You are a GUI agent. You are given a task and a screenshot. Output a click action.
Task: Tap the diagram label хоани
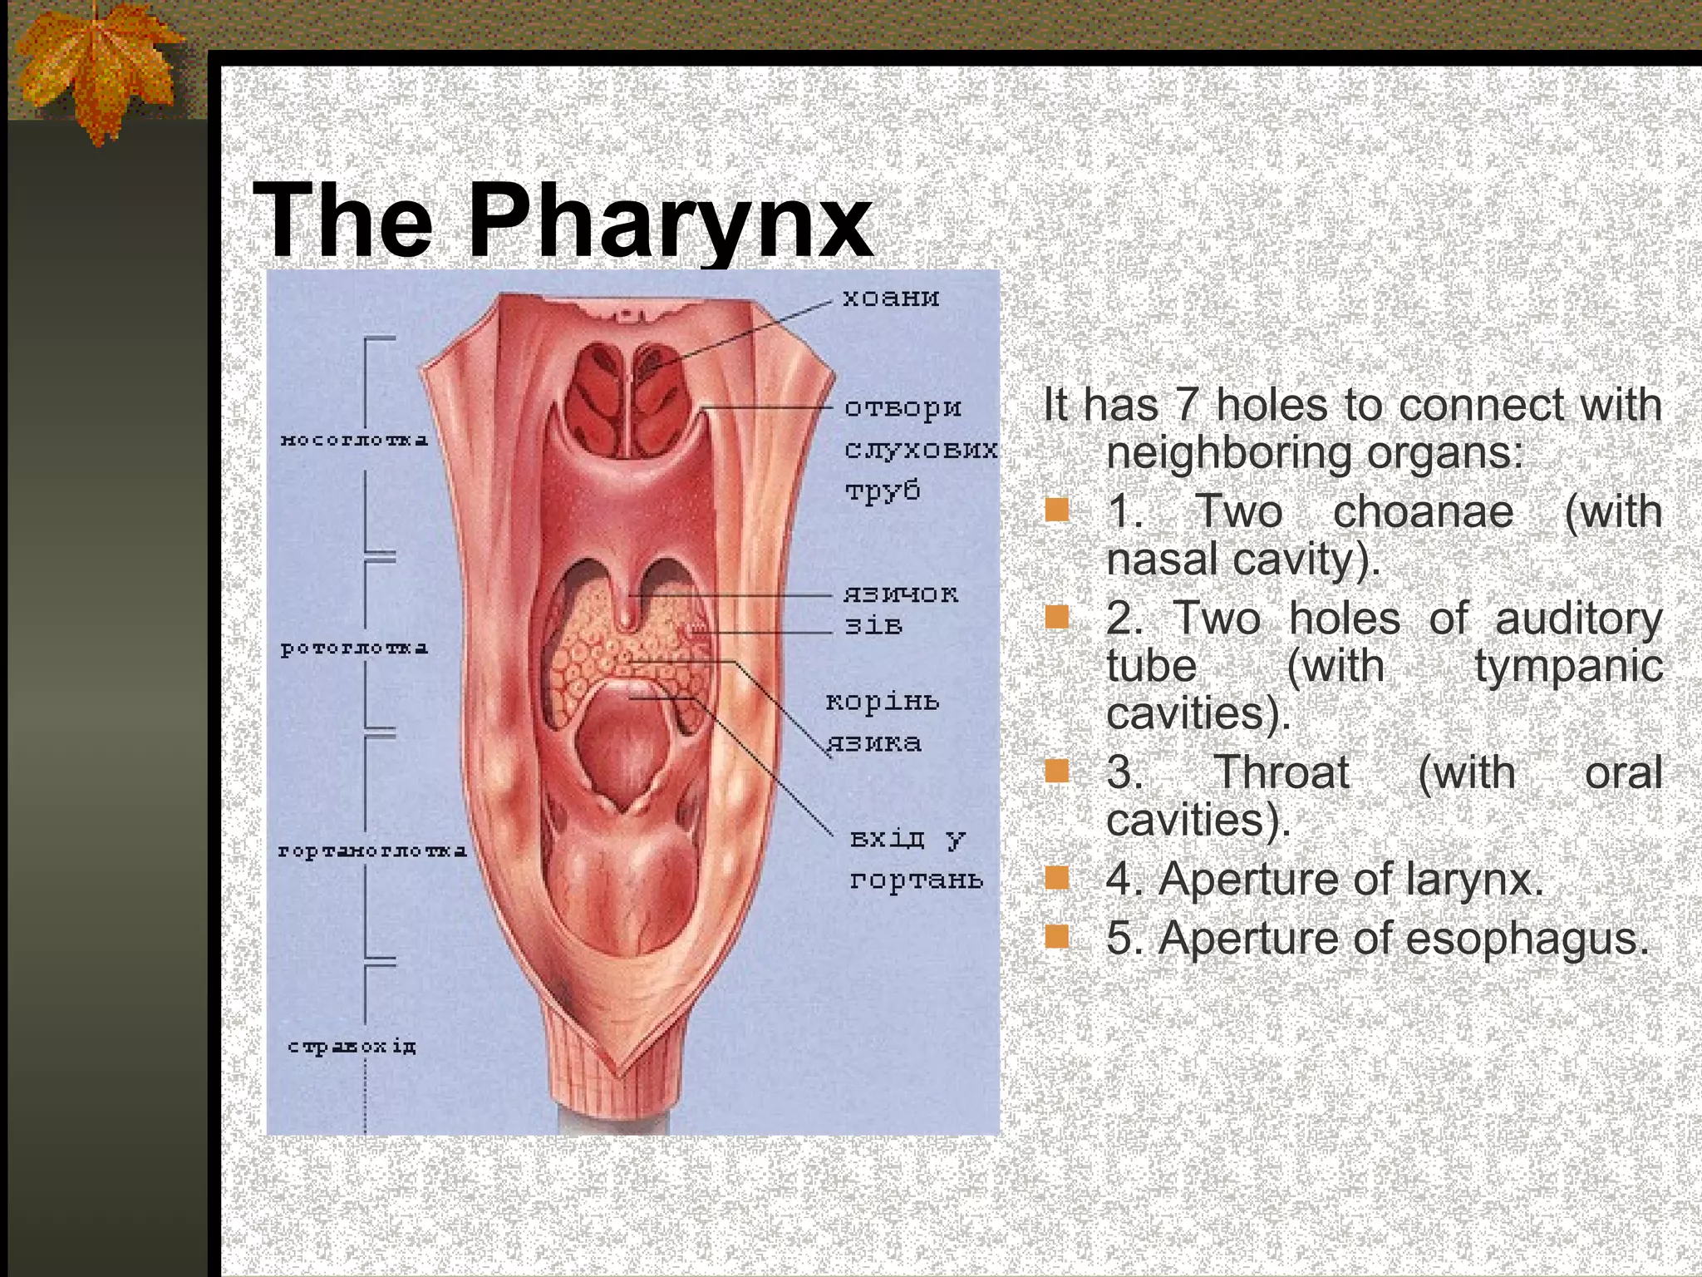click(891, 298)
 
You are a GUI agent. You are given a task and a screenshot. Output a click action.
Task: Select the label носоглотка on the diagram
click(355, 439)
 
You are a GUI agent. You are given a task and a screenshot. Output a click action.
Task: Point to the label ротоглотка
click(355, 648)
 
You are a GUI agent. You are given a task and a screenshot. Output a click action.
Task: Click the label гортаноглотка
click(372, 851)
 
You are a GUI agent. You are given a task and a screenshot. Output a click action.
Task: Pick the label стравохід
click(352, 1046)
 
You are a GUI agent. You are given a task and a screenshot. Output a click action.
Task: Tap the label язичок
click(901, 594)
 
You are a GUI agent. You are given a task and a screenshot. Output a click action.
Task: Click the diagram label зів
click(873, 625)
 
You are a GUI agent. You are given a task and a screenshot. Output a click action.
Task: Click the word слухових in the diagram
click(921, 450)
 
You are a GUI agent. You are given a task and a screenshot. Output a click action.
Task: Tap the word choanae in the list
click(1423, 511)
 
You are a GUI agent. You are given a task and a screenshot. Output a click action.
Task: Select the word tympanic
click(1568, 667)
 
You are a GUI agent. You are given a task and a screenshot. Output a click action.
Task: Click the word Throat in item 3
click(1281, 773)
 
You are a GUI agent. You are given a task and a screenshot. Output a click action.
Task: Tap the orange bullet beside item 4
click(1057, 877)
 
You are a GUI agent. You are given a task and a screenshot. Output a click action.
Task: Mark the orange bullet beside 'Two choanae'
click(1057, 509)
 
